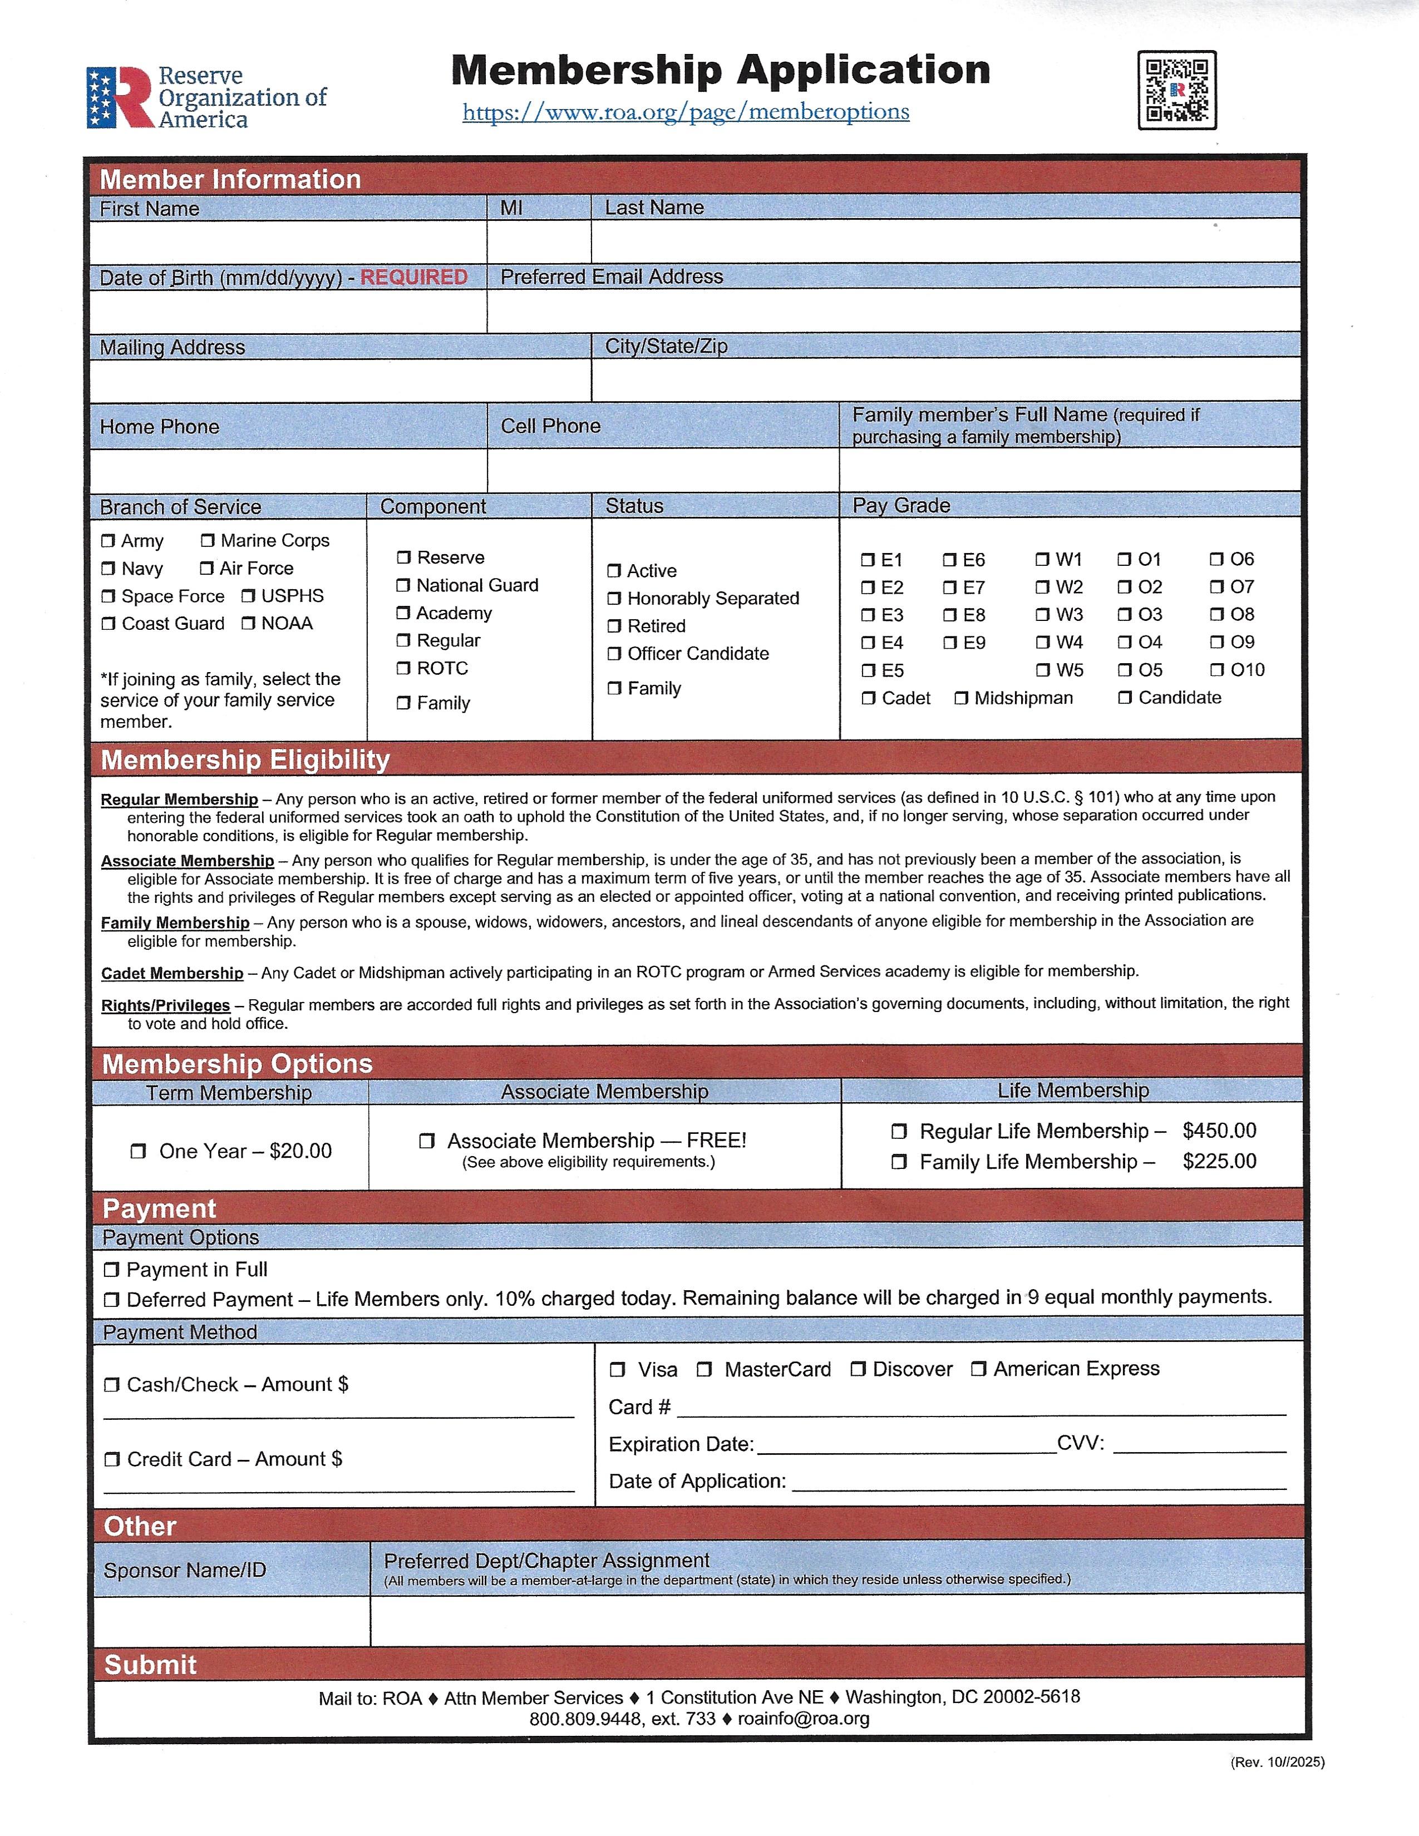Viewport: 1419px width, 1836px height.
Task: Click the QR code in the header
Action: click(1177, 90)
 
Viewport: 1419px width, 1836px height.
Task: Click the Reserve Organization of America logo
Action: click(206, 97)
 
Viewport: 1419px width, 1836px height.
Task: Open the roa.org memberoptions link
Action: click(685, 112)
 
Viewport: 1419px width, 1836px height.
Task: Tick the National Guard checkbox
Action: click(403, 585)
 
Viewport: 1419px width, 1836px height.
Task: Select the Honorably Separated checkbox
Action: click(614, 599)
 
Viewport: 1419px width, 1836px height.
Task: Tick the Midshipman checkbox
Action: click(962, 699)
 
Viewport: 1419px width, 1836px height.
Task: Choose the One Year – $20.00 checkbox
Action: click(139, 1151)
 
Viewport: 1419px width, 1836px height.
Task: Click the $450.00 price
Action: click(1219, 1131)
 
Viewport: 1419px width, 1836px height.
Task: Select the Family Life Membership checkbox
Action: click(899, 1162)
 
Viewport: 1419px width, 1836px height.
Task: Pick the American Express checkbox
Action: click(978, 1369)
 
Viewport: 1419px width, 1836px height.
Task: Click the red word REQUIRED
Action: click(413, 278)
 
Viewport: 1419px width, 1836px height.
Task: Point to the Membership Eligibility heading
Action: click(245, 760)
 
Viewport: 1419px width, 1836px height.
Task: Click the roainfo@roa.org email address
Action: click(803, 1719)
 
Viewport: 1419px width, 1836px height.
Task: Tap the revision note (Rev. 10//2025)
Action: click(1277, 1762)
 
